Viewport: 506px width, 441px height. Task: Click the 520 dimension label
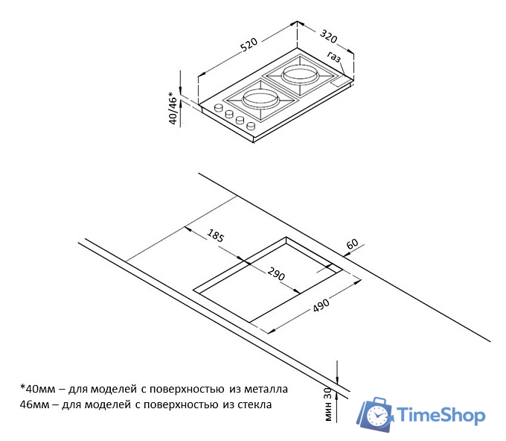(249, 45)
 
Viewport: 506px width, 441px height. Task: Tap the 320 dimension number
(328, 36)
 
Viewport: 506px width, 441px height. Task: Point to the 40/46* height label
(173, 108)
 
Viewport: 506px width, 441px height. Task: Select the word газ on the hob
(334, 57)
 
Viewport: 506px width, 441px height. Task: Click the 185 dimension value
(215, 235)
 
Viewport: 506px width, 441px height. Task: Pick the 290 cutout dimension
(276, 273)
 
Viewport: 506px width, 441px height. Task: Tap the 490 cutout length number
(321, 305)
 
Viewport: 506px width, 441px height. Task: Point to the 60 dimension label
(352, 244)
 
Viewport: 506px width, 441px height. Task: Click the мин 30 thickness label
(328, 404)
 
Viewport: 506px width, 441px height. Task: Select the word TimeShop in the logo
(441, 415)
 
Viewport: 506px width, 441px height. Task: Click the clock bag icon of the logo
(374, 414)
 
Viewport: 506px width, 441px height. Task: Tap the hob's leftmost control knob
(219, 107)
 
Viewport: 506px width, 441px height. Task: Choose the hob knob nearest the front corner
(251, 125)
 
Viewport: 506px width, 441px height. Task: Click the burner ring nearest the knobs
(260, 98)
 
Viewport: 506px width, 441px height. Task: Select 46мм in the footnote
(34, 404)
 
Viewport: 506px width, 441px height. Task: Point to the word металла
(266, 389)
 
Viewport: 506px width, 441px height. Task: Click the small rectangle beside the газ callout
(339, 82)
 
